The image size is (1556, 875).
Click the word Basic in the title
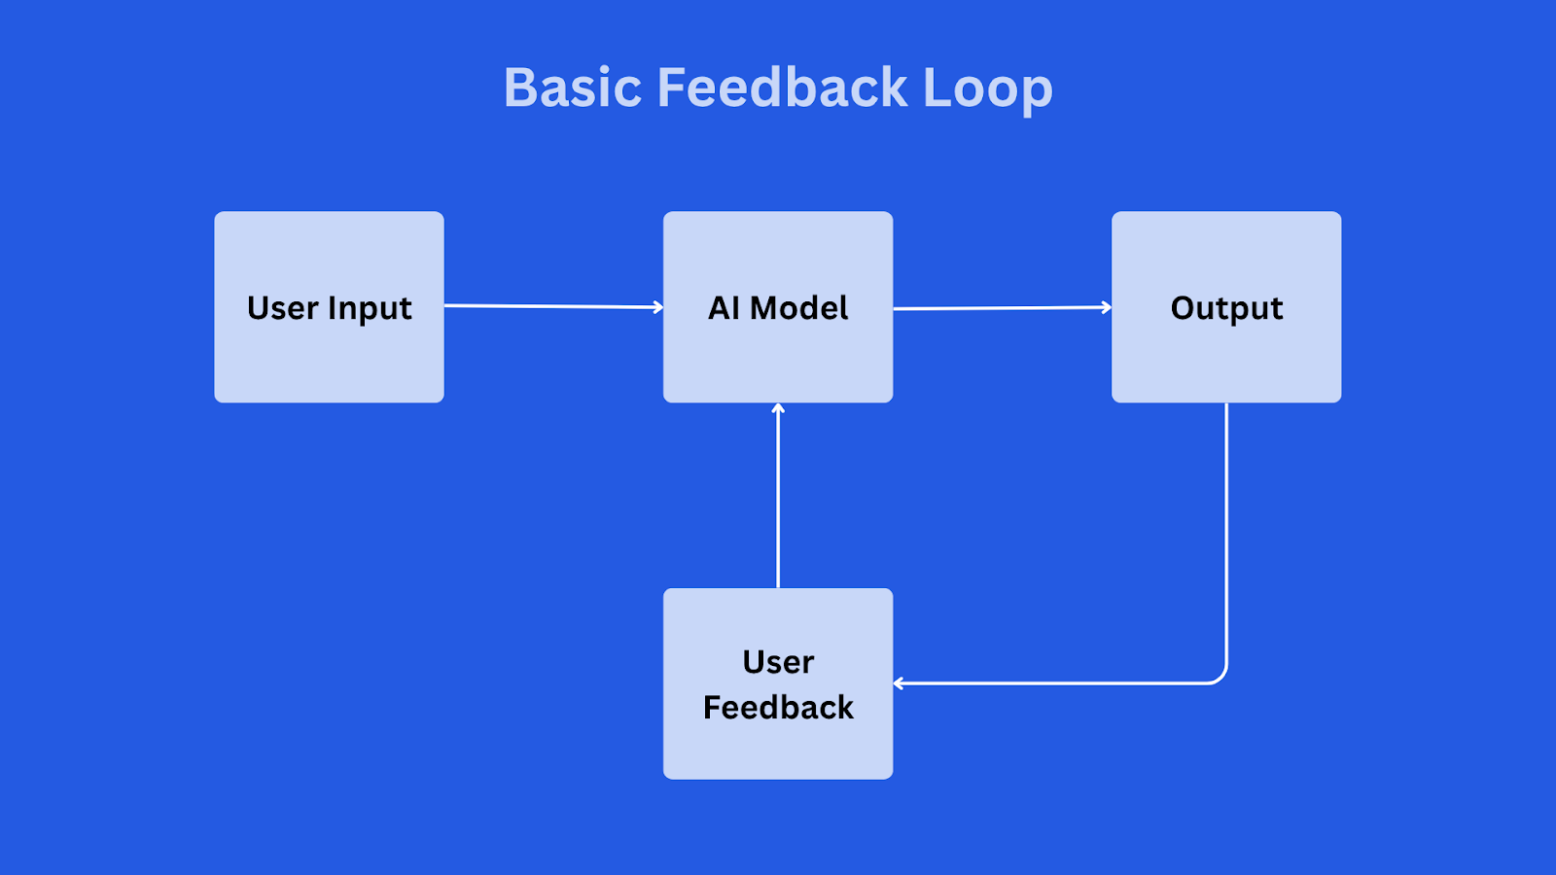(x=573, y=87)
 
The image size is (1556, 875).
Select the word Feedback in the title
(x=782, y=87)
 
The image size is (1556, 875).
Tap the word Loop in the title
(x=988, y=90)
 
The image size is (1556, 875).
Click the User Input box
(x=330, y=307)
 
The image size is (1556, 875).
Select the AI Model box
(x=778, y=307)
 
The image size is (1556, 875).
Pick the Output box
(x=1226, y=307)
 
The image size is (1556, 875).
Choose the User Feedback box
(x=778, y=684)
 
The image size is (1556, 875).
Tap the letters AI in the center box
(x=725, y=307)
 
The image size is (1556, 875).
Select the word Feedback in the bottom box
(x=778, y=707)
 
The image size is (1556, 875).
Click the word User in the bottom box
(x=778, y=662)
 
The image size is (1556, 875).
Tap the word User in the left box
(x=283, y=307)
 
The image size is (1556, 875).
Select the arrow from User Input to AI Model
(x=553, y=306)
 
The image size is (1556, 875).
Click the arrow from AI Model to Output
(x=1003, y=307)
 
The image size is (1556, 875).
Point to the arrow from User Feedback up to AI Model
(x=778, y=496)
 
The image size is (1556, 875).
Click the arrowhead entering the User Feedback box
(x=897, y=684)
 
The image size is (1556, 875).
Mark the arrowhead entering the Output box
(x=1108, y=307)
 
